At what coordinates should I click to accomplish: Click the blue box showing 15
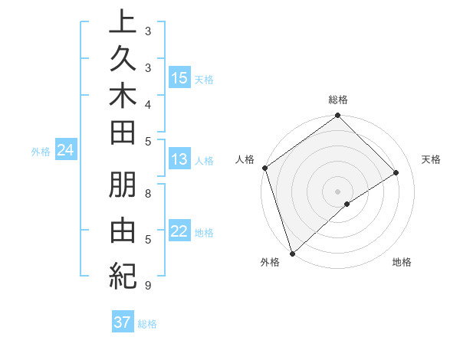(179, 78)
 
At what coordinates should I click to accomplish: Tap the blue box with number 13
(179, 160)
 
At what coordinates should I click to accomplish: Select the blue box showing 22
(179, 232)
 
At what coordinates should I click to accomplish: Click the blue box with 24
(66, 151)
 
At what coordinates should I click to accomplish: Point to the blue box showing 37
(123, 322)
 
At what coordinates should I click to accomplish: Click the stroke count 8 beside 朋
(148, 194)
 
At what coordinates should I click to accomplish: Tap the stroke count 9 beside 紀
(148, 286)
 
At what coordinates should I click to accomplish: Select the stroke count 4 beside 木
(148, 104)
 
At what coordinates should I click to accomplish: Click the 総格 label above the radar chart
(338, 100)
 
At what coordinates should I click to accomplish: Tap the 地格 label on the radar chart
(402, 263)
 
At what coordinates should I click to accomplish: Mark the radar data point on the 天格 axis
(396, 173)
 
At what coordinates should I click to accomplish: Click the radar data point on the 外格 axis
(292, 254)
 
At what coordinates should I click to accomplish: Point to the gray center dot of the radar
(338, 191)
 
